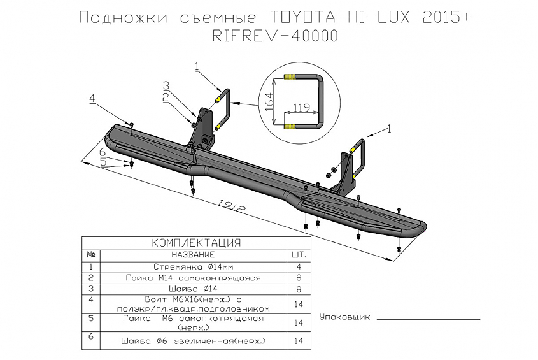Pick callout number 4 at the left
[x=92, y=98]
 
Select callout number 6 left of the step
[x=102, y=152]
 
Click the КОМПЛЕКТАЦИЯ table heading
[x=196, y=243]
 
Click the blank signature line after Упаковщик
[x=428, y=318]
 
